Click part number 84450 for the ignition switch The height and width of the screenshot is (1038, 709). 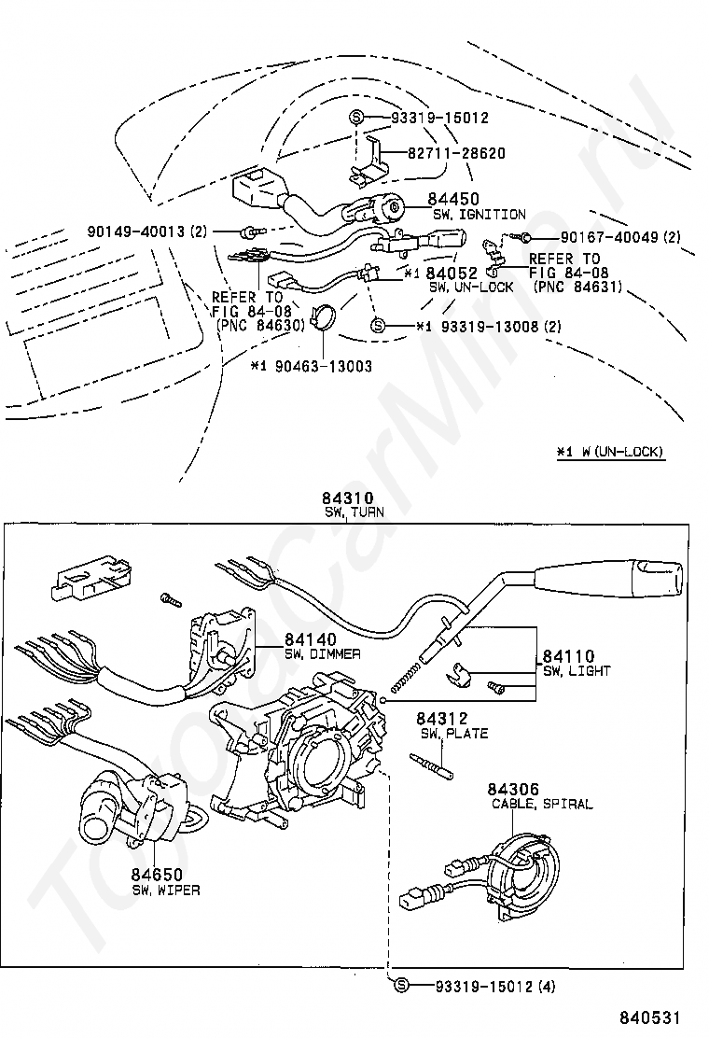tap(453, 199)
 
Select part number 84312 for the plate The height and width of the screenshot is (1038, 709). tap(441, 719)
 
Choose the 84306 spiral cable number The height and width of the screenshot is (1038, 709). tap(516, 790)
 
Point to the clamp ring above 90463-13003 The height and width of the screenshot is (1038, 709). tap(323, 318)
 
